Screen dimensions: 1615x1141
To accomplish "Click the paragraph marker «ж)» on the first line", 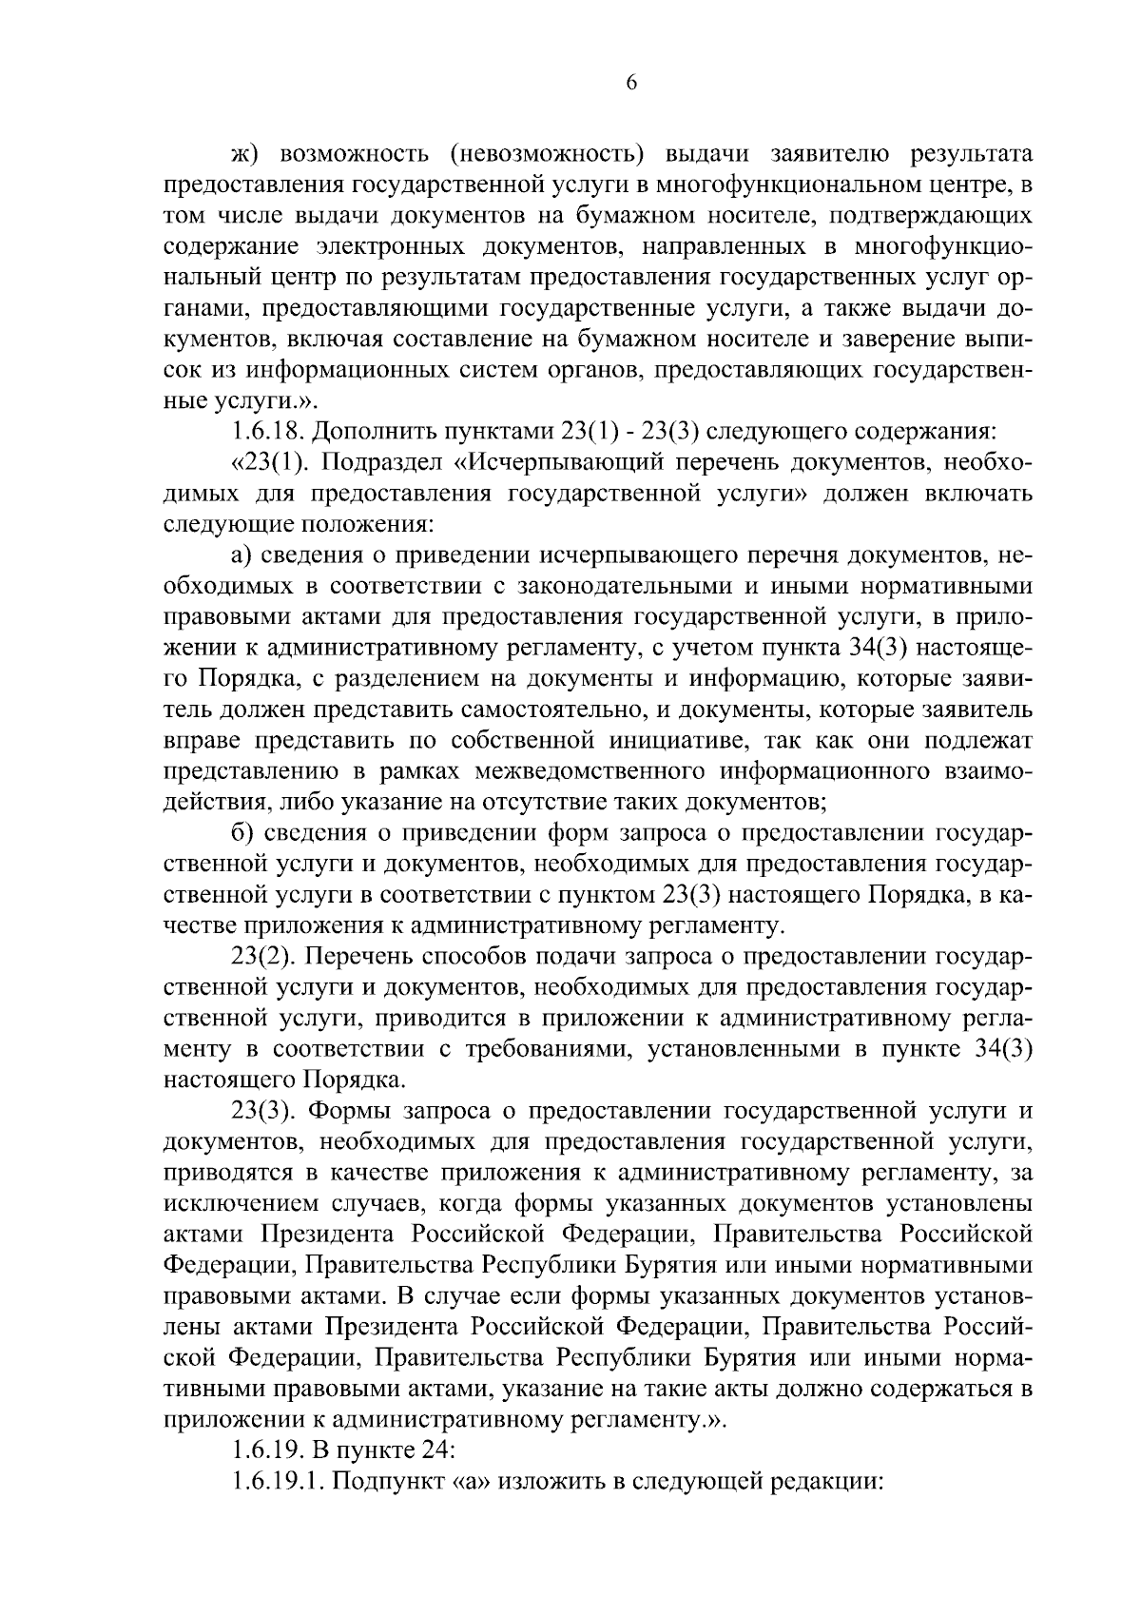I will (246, 154).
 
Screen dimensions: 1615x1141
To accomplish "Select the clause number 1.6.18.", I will (269, 431).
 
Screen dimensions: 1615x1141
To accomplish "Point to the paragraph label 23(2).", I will (262, 956).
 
